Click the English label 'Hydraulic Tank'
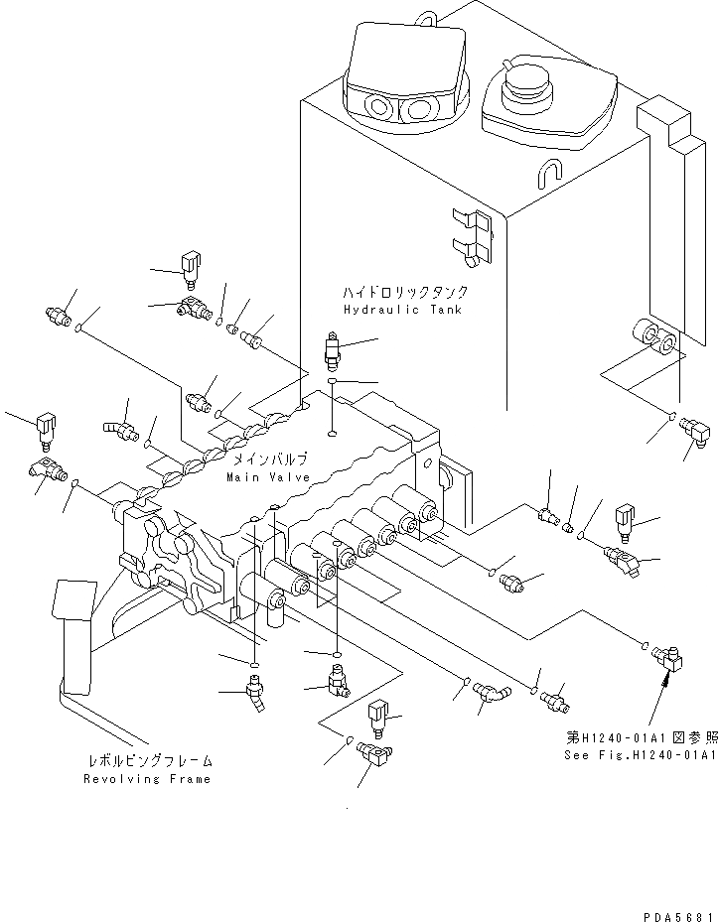click(402, 310)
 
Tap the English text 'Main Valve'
click(267, 477)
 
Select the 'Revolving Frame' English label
click(148, 779)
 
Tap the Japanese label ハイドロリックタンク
click(405, 293)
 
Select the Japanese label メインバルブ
click(270, 460)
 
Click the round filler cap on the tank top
click(527, 86)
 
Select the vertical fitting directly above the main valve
click(333, 352)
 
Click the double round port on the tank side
click(655, 340)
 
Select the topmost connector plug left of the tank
click(190, 266)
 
